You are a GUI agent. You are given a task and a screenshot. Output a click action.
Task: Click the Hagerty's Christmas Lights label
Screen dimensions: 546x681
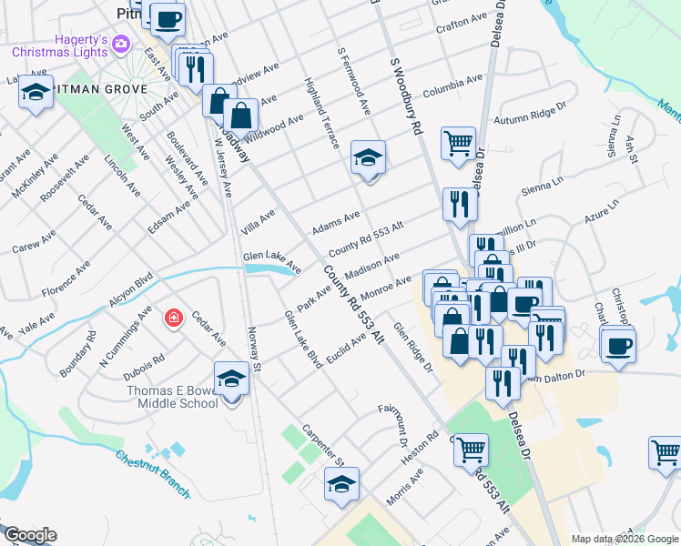pos(73,46)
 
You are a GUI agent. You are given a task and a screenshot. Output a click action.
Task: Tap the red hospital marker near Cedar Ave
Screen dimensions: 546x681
pos(172,318)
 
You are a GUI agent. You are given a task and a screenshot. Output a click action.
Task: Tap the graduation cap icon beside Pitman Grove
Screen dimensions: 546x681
pos(36,94)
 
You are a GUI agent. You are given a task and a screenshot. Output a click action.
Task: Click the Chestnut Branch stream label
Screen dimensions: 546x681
pos(152,474)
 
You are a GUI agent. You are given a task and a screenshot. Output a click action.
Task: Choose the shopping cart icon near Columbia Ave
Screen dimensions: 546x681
pos(458,143)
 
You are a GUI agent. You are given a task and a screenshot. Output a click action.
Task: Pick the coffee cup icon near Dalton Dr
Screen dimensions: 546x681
pos(618,346)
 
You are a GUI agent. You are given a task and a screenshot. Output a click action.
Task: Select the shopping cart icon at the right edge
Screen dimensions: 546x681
pos(666,451)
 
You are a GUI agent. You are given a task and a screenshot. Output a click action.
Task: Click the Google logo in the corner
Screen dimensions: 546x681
pos(30,535)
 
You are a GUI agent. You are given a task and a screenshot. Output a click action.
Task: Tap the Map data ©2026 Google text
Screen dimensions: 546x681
pos(624,539)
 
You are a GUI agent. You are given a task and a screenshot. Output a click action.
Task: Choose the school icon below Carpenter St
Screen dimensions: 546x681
pos(341,485)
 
